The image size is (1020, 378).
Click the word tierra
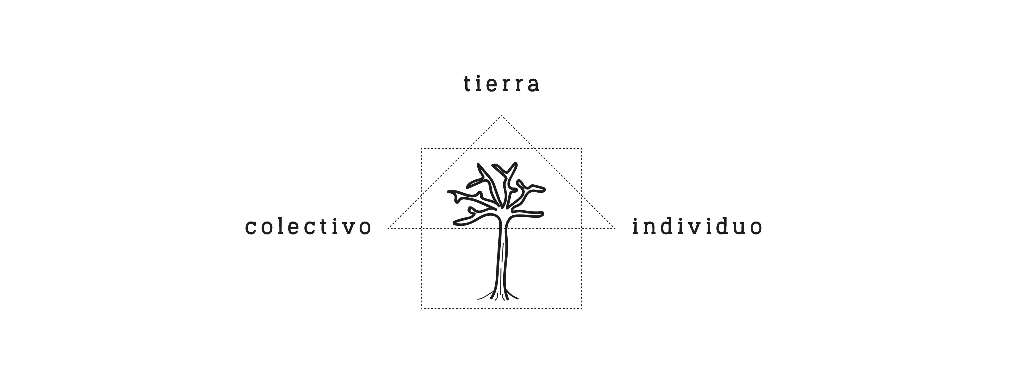coord(501,84)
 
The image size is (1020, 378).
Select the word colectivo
coord(308,227)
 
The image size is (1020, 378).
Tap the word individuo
coord(697,227)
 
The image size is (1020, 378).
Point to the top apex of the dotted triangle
coord(501,115)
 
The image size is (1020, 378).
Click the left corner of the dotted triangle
coord(388,229)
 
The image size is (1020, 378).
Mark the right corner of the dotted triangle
coord(615,229)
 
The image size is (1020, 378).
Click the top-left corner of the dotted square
coord(421,149)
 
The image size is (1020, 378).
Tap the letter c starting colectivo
coord(251,228)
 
